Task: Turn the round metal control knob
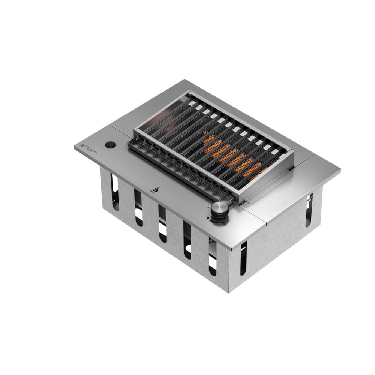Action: pyautogui.click(x=219, y=207)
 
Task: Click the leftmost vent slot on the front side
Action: pyautogui.click(x=114, y=187)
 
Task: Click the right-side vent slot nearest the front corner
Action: pyautogui.click(x=243, y=257)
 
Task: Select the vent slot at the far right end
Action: pyautogui.click(x=309, y=210)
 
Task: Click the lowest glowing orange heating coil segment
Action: pyautogui.click(x=259, y=174)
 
